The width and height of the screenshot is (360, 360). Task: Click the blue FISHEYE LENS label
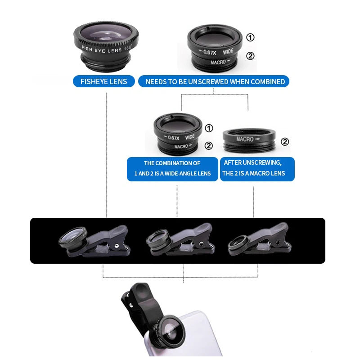104,81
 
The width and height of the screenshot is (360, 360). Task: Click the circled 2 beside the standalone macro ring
285,142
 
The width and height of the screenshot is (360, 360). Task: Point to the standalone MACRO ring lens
250,141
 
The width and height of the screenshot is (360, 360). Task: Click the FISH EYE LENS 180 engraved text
106,47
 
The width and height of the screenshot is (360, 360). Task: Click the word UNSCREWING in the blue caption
265,162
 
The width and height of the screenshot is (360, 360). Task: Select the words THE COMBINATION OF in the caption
172,163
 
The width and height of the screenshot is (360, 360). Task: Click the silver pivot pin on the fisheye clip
117,247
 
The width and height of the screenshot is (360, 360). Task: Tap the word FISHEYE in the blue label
94,81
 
